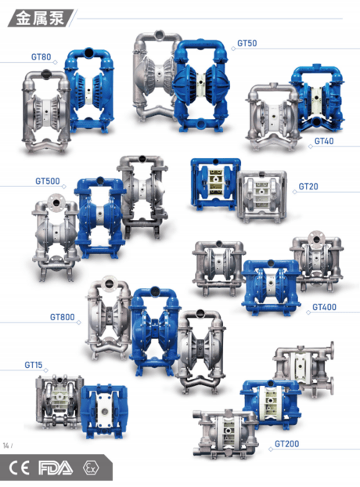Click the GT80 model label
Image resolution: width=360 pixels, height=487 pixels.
41,57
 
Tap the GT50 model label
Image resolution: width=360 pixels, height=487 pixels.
247,43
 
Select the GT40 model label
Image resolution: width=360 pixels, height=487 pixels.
324,141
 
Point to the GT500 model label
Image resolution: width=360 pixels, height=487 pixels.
48,181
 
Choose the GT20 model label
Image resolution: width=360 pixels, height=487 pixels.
308,186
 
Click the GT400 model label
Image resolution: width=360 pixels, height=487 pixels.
324,307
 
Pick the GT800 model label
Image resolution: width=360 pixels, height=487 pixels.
63,317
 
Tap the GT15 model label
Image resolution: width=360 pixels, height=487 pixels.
34,365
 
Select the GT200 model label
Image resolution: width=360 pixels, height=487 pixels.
286,444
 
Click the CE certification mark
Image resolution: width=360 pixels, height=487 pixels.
20,468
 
